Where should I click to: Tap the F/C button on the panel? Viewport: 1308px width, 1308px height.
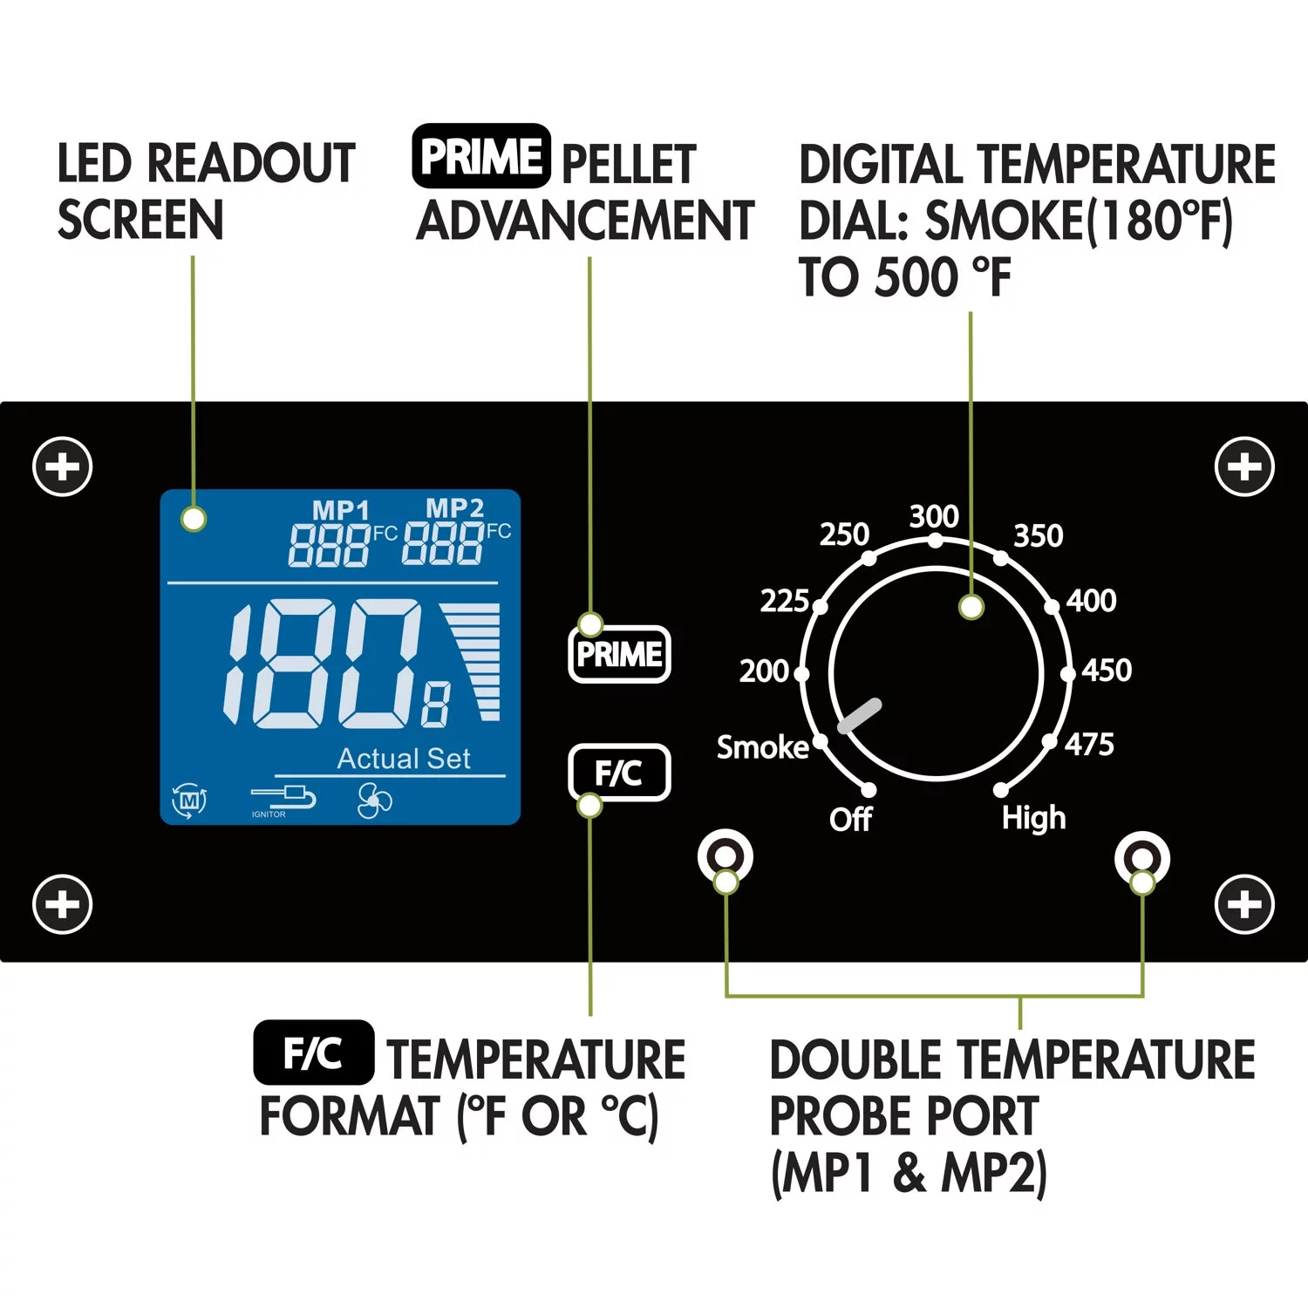(x=619, y=773)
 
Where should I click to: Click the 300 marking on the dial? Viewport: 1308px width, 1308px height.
(x=934, y=516)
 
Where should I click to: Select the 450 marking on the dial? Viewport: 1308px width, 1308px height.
(x=1107, y=670)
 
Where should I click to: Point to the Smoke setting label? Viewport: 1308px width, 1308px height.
(x=762, y=747)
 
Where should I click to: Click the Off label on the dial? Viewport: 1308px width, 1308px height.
(x=850, y=819)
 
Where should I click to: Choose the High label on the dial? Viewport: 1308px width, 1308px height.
(x=1033, y=818)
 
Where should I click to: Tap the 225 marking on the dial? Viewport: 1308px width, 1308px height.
(x=784, y=601)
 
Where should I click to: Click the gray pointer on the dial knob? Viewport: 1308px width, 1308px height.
(x=859, y=716)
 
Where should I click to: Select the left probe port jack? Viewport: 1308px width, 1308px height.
(x=726, y=856)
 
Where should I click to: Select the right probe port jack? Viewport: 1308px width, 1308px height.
(x=1141, y=858)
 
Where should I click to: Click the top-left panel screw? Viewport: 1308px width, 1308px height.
(x=63, y=467)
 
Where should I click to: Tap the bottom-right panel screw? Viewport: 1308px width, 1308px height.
(x=1244, y=904)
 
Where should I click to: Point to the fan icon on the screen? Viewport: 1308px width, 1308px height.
(x=375, y=800)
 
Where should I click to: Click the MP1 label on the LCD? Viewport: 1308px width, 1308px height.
(x=341, y=509)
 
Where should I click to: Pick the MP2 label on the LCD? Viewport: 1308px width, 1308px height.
(x=454, y=508)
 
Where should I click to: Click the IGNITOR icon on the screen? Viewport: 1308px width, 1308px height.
(x=283, y=799)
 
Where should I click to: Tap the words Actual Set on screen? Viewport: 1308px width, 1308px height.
(x=404, y=759)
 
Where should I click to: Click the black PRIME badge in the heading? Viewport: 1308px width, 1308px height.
(x=481, y=157)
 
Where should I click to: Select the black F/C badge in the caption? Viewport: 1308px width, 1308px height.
(x=314, y=1053)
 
